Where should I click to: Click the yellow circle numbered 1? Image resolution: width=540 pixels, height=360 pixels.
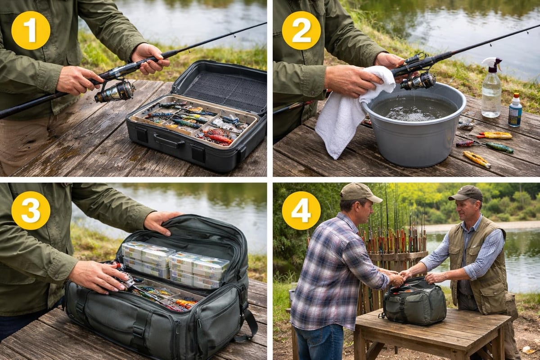pos(31,31)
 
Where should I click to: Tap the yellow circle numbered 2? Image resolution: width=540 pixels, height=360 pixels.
pos(301,31)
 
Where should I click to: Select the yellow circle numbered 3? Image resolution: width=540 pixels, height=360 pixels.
pos(31,211)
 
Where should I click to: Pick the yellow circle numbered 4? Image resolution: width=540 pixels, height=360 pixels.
pos(301,211)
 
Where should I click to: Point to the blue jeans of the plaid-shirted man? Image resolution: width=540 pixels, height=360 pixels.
pos(319,342)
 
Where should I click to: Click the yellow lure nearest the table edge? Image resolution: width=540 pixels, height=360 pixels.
pos(477,159)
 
